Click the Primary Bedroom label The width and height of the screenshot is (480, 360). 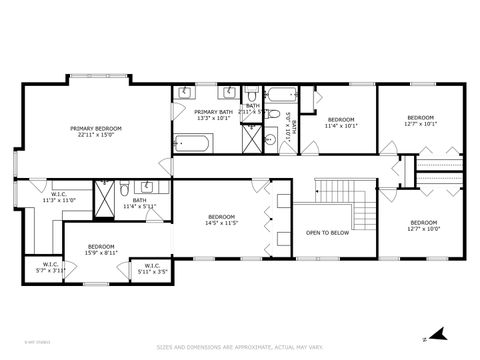click(x=96, y=128)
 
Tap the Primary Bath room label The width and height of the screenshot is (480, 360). click(x=212, y=112)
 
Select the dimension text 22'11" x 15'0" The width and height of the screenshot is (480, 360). click(x=96, y=135)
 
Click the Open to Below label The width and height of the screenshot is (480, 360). click(x=326, y=232)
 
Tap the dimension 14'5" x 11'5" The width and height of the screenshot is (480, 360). click(x=221, y=223)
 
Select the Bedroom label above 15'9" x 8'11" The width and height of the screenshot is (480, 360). click(x=101, y=246)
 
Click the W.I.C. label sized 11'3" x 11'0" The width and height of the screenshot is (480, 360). click(x=60, y=194)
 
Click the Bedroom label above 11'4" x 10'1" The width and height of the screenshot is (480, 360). click(x=342, y=119)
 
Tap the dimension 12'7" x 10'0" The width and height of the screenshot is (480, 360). click(x=423, y=229)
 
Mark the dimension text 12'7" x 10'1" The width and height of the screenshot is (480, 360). click(x=420, y=125)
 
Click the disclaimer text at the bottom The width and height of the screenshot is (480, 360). click(x=239, y=346)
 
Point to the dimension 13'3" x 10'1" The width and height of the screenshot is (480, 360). click(x=212, y=118)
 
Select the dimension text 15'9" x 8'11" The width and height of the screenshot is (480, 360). click(x=101, y=253)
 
